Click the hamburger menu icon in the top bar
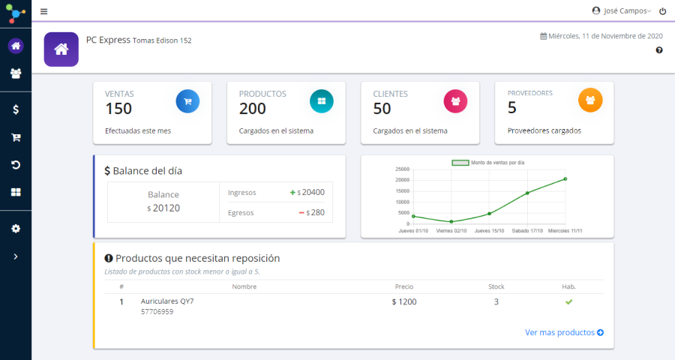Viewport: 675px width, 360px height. coord(43,11)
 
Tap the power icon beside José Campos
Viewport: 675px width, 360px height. coord(662,11)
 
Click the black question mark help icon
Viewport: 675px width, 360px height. coord(659,50)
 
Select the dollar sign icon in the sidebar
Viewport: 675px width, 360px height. coord(16,109)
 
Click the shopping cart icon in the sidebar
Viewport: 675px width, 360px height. coord(16,137)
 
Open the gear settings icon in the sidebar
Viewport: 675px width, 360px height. coord(16,228)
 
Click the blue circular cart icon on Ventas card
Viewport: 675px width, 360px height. coord(187,100)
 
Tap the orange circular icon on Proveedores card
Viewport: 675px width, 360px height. coord(590,100)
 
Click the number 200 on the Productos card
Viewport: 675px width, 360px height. coord(253,109)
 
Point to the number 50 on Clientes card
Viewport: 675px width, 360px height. coord(382,109)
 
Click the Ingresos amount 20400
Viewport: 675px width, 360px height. coord(313,193)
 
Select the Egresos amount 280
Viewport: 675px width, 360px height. coord(316,213)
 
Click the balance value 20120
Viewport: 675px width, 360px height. coord(166,208)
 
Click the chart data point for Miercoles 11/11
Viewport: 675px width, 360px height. coord(565,178)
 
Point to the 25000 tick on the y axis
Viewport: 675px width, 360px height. coord(402,169)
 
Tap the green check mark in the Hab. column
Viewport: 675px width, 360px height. coord(568,301)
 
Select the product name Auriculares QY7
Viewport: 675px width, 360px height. coord(167,301)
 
